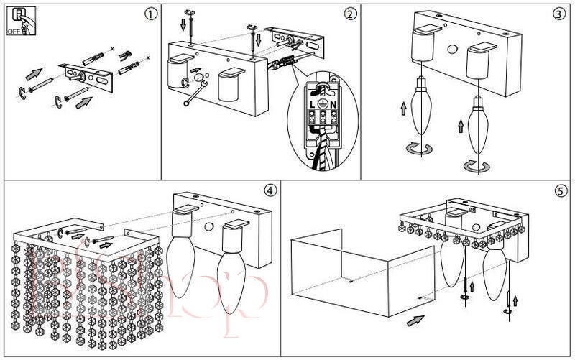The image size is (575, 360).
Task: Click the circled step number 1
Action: click(x=149, y=14)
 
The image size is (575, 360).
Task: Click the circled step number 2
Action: click(x=350, y=14)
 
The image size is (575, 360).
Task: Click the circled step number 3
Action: click(x=558, y=14)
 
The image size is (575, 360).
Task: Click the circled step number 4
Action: click(x=270, y=190)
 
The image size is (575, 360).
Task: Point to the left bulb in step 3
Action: click(x=422, y=103)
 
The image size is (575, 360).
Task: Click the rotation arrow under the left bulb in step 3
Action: click(x=419, y=148)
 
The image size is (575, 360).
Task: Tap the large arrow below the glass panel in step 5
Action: click(x=415, y=320)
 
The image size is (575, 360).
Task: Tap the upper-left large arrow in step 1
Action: click(x=34, y=73)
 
